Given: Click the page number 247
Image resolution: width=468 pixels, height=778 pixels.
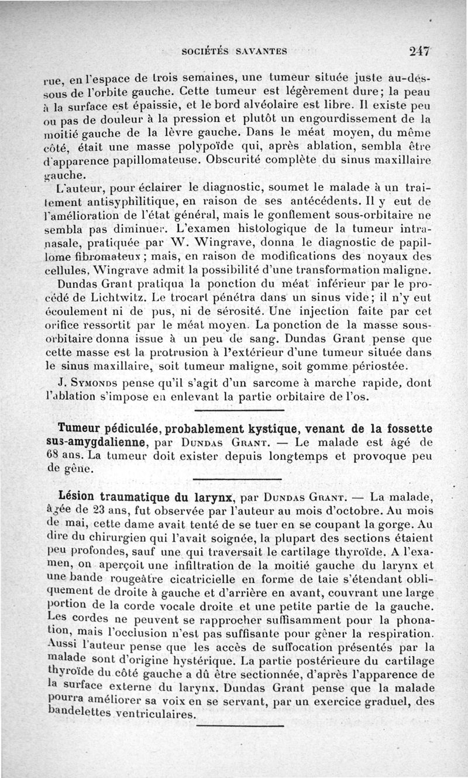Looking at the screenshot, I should [420, 50].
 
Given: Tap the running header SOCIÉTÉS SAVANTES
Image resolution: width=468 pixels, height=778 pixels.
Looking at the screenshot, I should [234, 51].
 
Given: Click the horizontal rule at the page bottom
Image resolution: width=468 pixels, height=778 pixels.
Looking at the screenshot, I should [239, 726].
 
